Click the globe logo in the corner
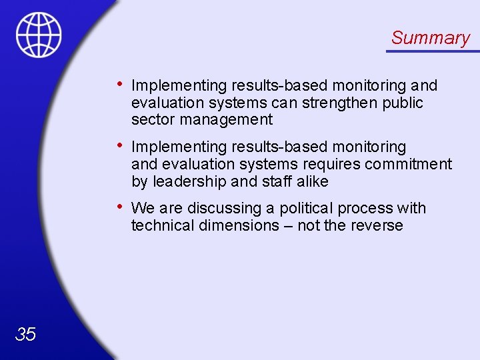tap(39, 35)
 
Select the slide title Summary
tap(430, 38)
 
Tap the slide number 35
tap(25, 334)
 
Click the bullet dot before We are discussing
tap(118, 206)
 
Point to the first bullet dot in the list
tap(118, 83)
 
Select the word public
tap(403, 103)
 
